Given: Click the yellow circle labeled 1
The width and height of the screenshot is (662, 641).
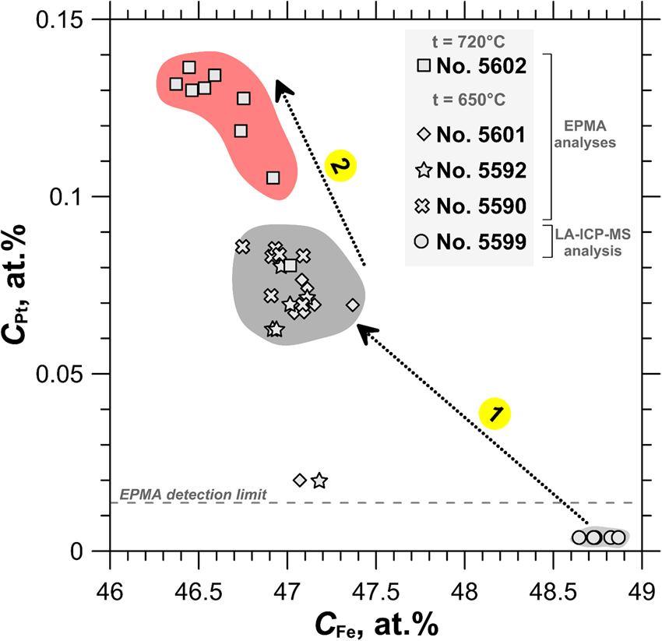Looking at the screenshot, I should pyautogui.click(x=495, y=413).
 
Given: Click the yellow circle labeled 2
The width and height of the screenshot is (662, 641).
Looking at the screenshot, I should pyautogui.click(x=340, y=166).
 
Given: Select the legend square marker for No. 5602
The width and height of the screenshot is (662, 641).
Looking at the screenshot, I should pyautogui.click(x=424, y=66).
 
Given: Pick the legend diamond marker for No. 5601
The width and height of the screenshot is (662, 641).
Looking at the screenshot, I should pyautogui.click(x=424, y=134).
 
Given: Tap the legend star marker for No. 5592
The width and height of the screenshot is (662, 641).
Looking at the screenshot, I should pyautogui.click(x=424, y=170).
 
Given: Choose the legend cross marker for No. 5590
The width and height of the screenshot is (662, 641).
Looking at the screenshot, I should pyautogui.click(x=424, y=206).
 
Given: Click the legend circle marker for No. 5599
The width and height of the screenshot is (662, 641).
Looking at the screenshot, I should pyautogui.click(x=424, y=241).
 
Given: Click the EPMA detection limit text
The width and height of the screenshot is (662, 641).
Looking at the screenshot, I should pyautogui.click(x=193, y=494).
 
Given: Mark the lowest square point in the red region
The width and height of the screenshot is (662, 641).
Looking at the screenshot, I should pyautogui.click(x=273, y=178).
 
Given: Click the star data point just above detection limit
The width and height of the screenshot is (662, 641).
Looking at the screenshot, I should pyautogui.click(x=319, y=481).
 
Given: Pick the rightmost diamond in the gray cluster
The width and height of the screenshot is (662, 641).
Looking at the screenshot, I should pyautogui.click(x=353, y=305).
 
